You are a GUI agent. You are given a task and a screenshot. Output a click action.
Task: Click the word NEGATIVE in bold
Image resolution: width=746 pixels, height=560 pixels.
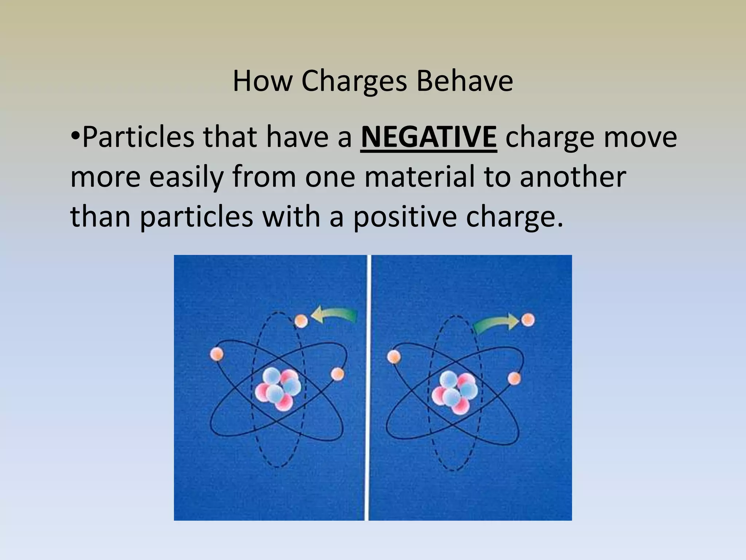pos(429,137)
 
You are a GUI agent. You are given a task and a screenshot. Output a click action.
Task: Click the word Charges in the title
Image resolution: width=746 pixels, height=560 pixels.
pos(354,81)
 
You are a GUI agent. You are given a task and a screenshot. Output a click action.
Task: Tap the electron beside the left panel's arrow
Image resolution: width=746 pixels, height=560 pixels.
pos(301,321)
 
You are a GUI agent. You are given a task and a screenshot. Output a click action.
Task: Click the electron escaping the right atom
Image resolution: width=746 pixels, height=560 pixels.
pos(528,320)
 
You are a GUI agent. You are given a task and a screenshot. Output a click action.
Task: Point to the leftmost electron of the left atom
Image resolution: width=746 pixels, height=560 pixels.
pos(217,354)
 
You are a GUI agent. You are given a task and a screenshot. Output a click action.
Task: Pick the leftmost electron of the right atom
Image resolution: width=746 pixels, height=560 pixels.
pos(393,357)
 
